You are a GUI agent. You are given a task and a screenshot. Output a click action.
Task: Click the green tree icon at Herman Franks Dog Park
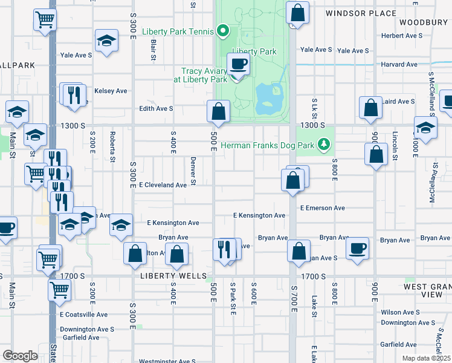click(325, 145)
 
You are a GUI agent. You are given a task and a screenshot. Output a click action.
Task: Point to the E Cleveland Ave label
click(163, 185)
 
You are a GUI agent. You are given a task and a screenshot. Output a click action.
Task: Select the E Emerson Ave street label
click(322, 208)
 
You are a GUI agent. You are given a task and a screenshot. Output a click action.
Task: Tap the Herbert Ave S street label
click(402, 36)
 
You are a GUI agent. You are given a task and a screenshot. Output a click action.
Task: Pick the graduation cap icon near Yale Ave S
click(106, 41)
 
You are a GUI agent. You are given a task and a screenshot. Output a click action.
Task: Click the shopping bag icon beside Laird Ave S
click(370, 108)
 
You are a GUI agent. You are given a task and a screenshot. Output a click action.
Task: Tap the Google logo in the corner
click(20, 356)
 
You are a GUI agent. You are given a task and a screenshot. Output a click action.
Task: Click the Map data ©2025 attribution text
click(425, 358)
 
